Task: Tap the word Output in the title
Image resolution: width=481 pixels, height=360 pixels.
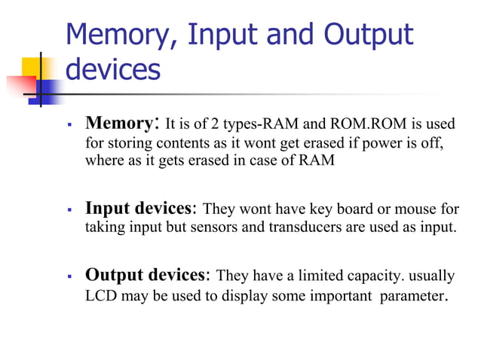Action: (369, 35)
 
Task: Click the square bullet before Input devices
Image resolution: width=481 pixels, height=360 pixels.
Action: (69, 209)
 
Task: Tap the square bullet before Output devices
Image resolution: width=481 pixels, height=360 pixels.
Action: (69, 276)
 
